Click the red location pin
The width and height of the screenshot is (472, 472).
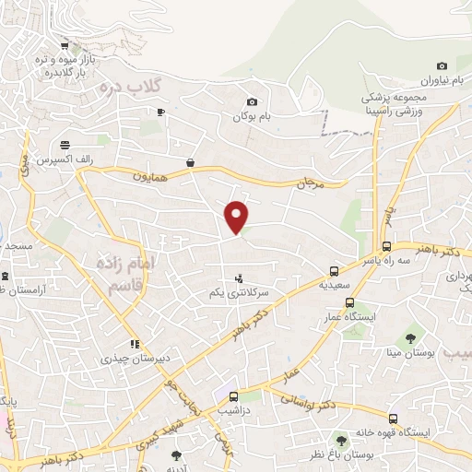pyautogui.click(x=237, y=216)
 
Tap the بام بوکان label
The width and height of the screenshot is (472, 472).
pyautogui.click(x=252, y=117)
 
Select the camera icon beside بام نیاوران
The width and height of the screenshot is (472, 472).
pyautogui.click(x=442, y=65)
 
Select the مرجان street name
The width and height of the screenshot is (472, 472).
pyautogui.click(x=309, y=184)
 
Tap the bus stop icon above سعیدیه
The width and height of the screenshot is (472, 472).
pyautogui.click(x=334, y=272)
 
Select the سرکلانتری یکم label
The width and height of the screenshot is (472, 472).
pyautogui.click(x=238, y=291)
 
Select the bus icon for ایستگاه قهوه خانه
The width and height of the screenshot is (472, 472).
pyautogui.click(x=394, y=419)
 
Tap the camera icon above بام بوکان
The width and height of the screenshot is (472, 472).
pyautogui.click(x=252, y=101)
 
